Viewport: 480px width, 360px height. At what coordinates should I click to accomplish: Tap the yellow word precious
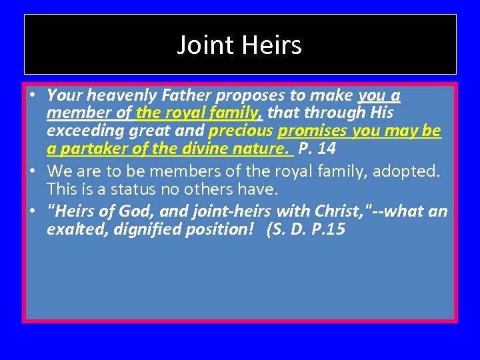tap(241, 131)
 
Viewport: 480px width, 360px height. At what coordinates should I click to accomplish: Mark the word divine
tap(209, 149)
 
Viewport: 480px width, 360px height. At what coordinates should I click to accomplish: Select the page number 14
tap(327, 149)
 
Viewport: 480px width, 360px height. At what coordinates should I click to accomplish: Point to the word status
tap(127, 189)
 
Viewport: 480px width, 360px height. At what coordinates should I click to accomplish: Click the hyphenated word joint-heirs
tap(233, 212)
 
